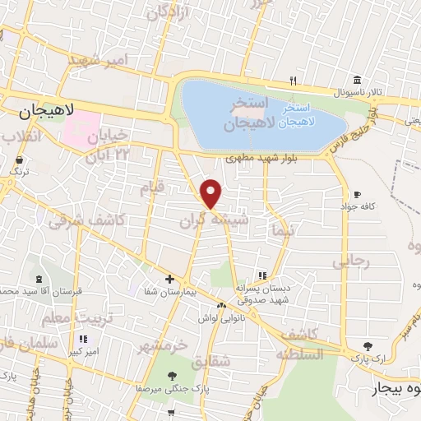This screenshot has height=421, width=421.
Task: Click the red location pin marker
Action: click(x=212, y=193)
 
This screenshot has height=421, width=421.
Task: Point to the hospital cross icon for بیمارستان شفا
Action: click(x=169, y=280)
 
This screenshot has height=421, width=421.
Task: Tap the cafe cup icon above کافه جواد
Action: click(x=357, y=194)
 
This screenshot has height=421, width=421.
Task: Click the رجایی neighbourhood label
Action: click(x=351, y=261)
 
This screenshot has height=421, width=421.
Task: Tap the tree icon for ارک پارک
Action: click(x=366, y=346)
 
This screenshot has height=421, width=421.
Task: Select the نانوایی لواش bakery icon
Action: click(x=220, y=305)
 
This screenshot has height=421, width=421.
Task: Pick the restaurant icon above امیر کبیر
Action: click(x=82, y=338)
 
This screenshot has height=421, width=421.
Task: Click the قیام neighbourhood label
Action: click(x=154, y=187)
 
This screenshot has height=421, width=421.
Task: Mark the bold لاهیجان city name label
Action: click(x=47, y=109)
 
